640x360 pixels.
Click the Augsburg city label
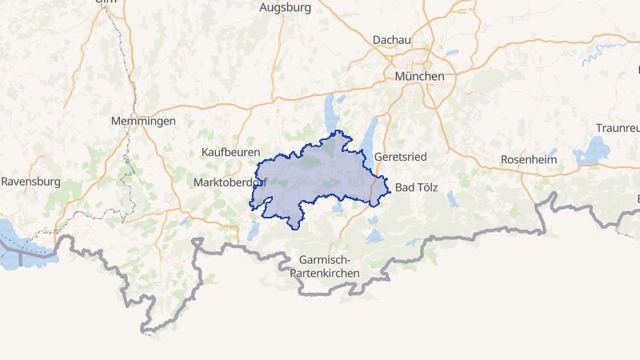coord(285,7)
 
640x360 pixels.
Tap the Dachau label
coord(391,39)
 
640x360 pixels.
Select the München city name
coord(419,75)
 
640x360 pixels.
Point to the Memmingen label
coord(143,121)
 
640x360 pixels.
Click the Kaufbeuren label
coord(231,151)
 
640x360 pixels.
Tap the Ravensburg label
coord(30,182)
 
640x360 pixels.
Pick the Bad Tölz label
coord(418,187)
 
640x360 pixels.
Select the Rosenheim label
coord(527,159)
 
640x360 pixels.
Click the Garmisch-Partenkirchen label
coord(329,266)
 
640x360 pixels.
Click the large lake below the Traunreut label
coord(595,149)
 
